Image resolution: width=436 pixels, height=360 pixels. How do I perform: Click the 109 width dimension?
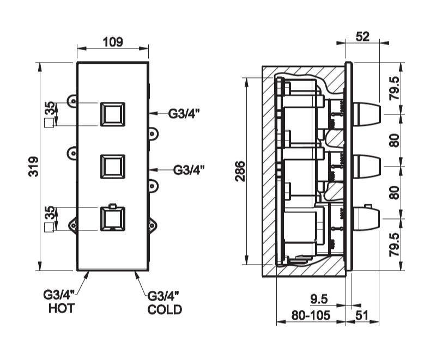coord(113,42)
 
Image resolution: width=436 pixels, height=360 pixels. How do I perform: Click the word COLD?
coord(165,309)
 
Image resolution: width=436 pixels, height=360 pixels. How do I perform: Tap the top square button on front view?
coord(113,114)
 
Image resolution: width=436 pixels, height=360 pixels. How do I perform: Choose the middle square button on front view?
coord(113,166)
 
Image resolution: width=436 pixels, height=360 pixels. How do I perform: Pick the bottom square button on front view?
coord(113,218)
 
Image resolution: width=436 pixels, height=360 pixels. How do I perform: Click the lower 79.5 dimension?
coord(395,245)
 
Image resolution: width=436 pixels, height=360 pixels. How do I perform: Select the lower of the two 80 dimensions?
coord(395,192)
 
